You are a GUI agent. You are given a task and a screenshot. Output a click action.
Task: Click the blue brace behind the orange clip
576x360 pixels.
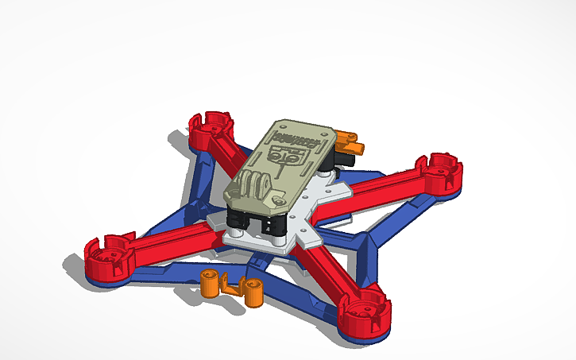point(270,274)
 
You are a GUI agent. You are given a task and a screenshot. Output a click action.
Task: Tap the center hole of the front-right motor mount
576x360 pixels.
point(367,307)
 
